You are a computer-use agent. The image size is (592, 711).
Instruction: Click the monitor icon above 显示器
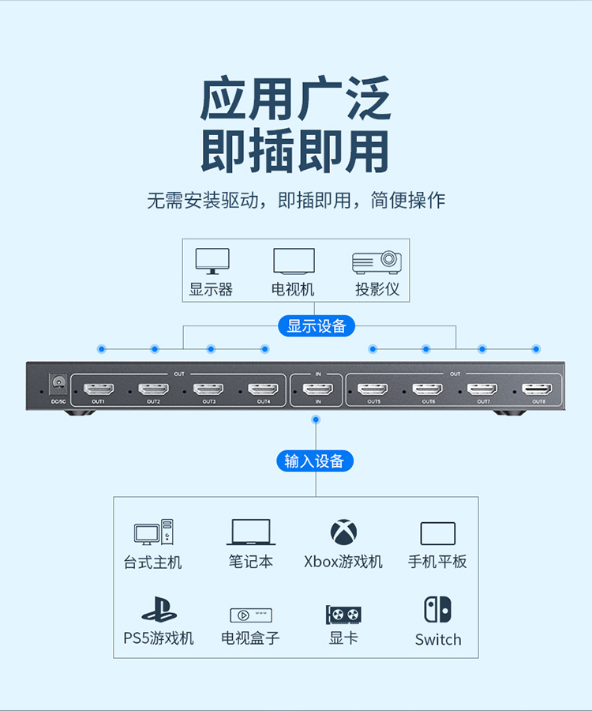point(212,261)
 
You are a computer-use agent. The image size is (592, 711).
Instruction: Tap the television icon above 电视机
point(294,261)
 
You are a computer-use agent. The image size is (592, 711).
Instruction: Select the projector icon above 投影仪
point(377,261)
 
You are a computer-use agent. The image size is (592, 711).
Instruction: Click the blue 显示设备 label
point(317,325)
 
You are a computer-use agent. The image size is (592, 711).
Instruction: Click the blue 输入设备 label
point(315,461)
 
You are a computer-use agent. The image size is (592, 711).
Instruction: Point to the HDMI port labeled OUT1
point(99,389)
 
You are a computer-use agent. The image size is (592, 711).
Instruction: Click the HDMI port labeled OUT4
point(263,389)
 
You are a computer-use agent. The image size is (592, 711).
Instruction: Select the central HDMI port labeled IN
point(318,389)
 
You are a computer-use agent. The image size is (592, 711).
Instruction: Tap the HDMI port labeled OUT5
point(373,389)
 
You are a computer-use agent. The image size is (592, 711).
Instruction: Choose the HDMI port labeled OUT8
point(538,389)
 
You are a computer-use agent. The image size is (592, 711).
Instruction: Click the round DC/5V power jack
point(58,385)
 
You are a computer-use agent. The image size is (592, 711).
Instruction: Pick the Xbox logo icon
point(343,532)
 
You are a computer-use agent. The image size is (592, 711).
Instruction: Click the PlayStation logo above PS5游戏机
point(159,611)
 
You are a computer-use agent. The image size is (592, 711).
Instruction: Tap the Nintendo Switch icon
point(437,609)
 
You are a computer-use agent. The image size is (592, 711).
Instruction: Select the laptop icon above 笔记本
point(251,532)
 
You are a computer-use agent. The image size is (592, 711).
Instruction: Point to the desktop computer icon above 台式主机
point(153,532)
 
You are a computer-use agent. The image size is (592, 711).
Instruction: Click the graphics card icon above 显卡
point(343,614)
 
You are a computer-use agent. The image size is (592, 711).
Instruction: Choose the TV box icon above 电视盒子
point(251,615)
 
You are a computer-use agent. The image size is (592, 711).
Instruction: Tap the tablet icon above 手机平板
point(437,533)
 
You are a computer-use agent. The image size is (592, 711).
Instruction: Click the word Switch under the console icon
point(438,639)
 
